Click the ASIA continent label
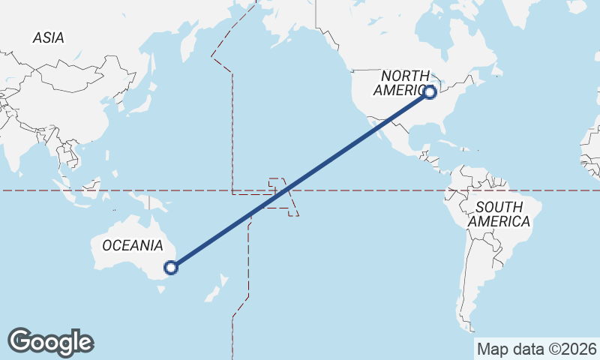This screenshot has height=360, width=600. pos(48,37)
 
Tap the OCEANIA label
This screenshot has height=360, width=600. pos(133,245)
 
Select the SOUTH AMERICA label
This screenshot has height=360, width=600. pos(499,214)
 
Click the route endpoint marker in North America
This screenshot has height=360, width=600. pos(430,92)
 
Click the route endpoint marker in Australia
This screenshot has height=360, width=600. pos(171,267)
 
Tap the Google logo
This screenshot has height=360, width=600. pos(50,342)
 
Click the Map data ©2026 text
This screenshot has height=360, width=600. pos(536,349)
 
